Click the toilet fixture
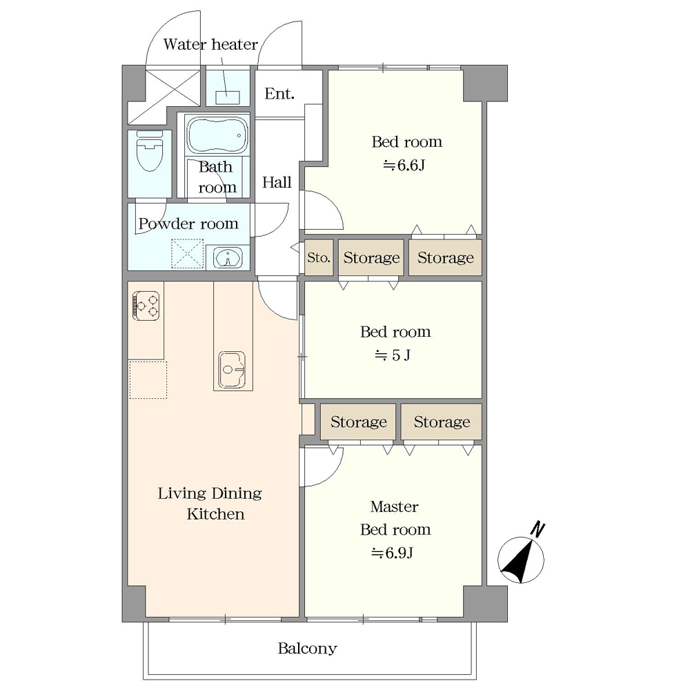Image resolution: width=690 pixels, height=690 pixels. coord(150,151)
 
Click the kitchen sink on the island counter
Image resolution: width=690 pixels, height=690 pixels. coord(232,370)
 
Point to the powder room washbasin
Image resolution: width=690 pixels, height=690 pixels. coord(228,258)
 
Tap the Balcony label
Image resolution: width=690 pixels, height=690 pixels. coord(307,648)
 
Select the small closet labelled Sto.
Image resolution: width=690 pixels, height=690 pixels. coord(319,257)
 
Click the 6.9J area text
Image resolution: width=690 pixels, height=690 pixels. coord(392,553)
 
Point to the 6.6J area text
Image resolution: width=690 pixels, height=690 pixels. coord(404,166)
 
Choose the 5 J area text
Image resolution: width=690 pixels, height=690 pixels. coord(393,355)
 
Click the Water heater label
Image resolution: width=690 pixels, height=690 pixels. coord(210,44)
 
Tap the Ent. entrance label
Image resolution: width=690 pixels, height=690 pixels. coord(279,94)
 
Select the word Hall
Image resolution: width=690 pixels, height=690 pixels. coord(277,182)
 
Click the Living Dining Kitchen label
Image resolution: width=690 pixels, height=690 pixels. coord(210,504)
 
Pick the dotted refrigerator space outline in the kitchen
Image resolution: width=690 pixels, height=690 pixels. coord(148,380)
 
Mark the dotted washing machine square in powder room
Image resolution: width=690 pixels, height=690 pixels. coord(188,253)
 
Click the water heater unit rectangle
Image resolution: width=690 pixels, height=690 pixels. coord(228,98)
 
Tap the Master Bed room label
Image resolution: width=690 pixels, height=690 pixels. coord(395,518)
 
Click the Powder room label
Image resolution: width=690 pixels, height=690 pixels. coord(188,224)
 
